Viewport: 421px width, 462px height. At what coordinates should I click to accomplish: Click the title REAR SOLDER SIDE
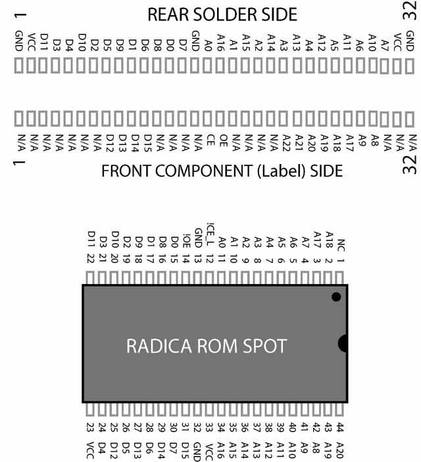[x=222, y=14]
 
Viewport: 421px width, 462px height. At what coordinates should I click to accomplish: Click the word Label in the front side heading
[x=282, y=171]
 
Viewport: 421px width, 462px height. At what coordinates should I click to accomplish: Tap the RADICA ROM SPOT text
[x=207, y=346]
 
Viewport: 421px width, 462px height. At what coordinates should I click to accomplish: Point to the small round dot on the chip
[x=336, y=297]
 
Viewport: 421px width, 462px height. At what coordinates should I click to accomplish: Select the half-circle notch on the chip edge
[x=343, y=343]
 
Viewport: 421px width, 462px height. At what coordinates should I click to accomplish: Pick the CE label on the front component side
[x=210, y=140]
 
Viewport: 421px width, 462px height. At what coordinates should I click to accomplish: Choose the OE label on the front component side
[x=224, y=140]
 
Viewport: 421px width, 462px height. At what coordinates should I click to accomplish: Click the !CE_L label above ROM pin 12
[x=210, y=234]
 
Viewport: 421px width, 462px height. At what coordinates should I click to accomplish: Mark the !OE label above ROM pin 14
[x=186, y=241]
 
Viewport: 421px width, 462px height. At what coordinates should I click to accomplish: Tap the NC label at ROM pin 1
[x=341, y=245]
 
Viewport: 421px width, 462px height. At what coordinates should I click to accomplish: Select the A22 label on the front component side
[x=286, y=143]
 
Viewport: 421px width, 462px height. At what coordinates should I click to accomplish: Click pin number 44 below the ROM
[x=339, y=427]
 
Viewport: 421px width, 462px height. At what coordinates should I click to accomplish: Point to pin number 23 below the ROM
[x=90, y=427]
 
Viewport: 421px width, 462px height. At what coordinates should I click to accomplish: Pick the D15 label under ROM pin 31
[x=186, y=451]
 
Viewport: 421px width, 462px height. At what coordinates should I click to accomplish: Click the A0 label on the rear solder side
[x=208, y=45]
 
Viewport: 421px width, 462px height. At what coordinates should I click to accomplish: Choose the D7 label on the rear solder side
[x=183, y=45]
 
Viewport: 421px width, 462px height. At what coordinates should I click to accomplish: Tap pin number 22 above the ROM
[x=90, y=258]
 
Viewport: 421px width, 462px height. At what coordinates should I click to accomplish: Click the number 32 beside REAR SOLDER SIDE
[x=410, y=10]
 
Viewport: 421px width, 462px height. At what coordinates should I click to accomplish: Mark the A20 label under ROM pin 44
[x=340, y=451]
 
